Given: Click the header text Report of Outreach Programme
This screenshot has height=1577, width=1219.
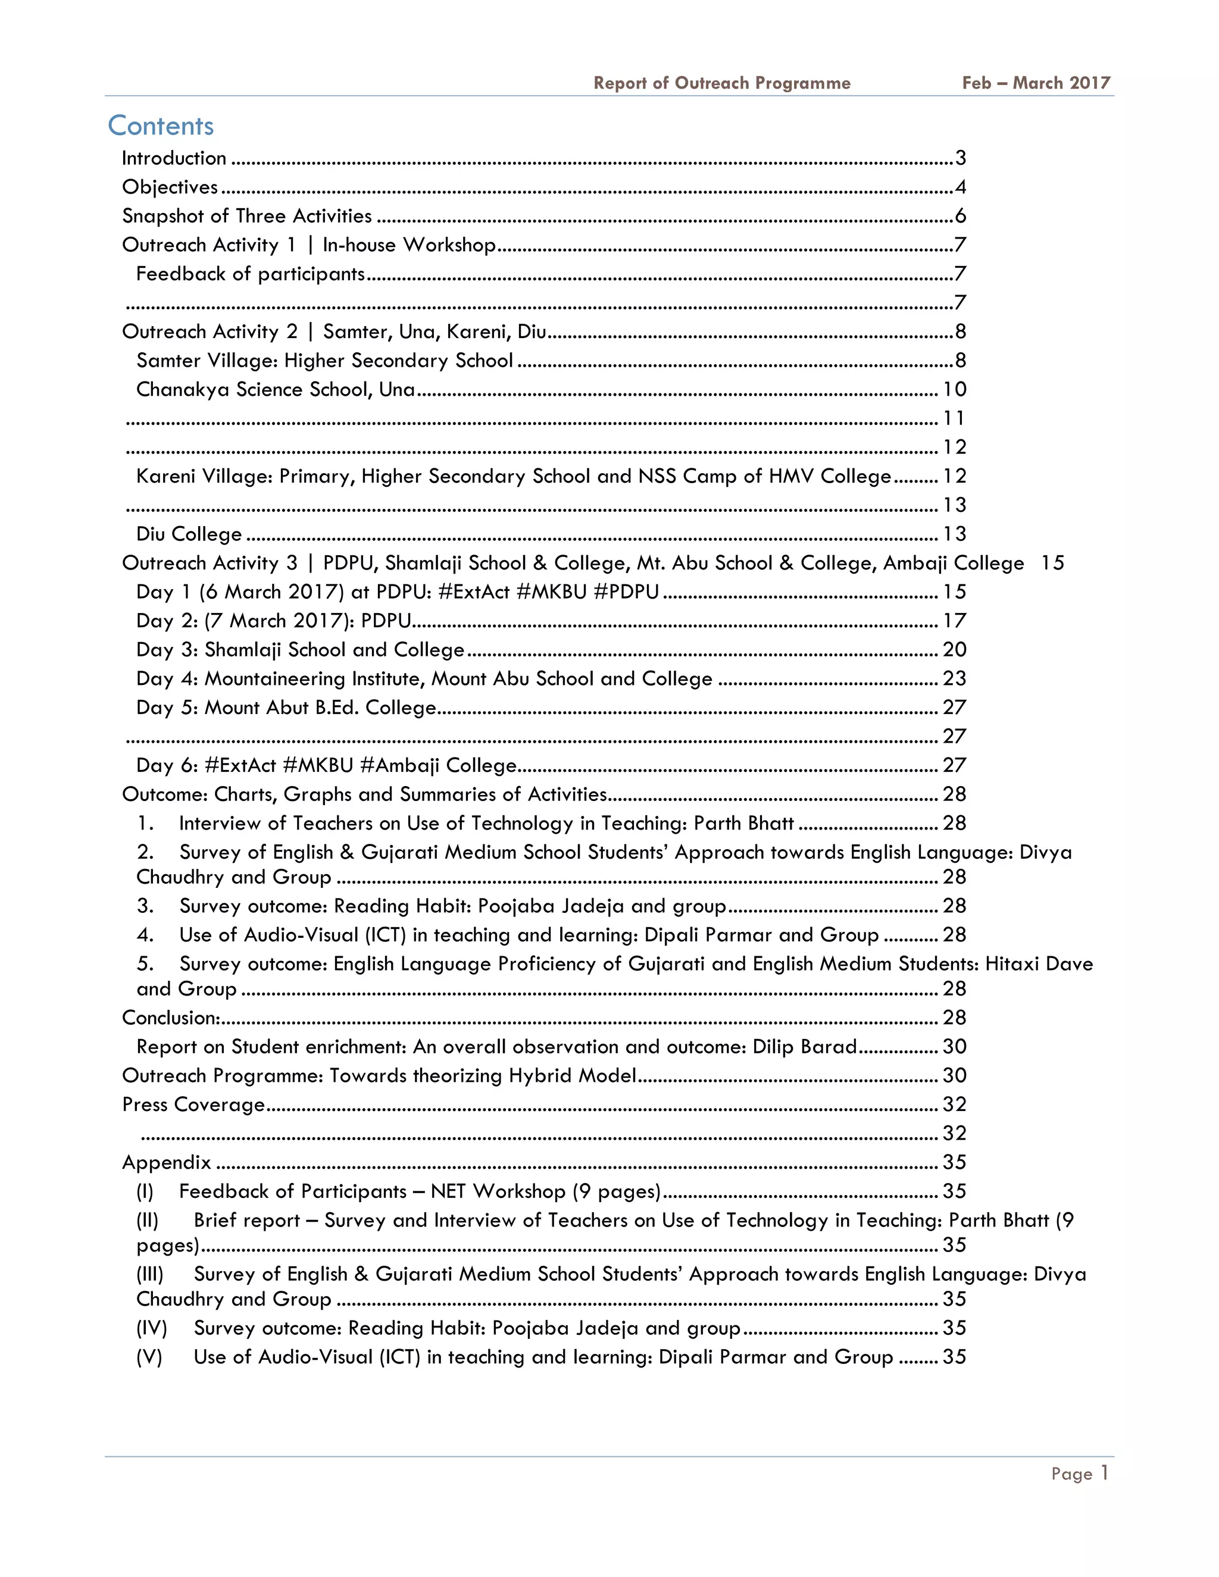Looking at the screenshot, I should pos(721,83).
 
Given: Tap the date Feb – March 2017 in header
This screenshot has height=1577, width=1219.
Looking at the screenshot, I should pos(1036,83).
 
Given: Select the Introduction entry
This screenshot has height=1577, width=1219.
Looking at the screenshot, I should pos(174,158).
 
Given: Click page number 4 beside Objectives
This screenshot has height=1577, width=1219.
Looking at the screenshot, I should pos(959,187).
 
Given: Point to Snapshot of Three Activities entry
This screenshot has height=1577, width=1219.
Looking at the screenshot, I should pos(247,216).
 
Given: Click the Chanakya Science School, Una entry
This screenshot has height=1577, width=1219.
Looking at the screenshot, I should pos(276,389).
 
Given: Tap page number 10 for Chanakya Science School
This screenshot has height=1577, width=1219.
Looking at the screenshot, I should pos(954,389).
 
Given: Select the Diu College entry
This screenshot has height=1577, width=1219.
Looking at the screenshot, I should pos(189,534).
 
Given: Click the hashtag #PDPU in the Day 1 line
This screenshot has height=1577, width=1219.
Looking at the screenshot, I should pos(626,592).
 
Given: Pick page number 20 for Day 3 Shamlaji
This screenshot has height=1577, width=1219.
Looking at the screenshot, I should pos(954,649).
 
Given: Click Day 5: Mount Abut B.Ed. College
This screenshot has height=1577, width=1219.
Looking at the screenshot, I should pos(286,707).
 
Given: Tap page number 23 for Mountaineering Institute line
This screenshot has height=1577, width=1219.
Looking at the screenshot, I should pos(954,678).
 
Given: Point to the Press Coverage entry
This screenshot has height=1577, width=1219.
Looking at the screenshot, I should pos(193,1104).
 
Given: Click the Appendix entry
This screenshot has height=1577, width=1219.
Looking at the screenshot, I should pos(167,1162).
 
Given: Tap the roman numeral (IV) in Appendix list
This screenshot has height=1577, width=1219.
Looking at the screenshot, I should pos(152,1327).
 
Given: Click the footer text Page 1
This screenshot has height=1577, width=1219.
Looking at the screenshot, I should pos(1079,1473).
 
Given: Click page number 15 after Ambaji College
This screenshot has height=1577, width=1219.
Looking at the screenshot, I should pos(1052,562).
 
